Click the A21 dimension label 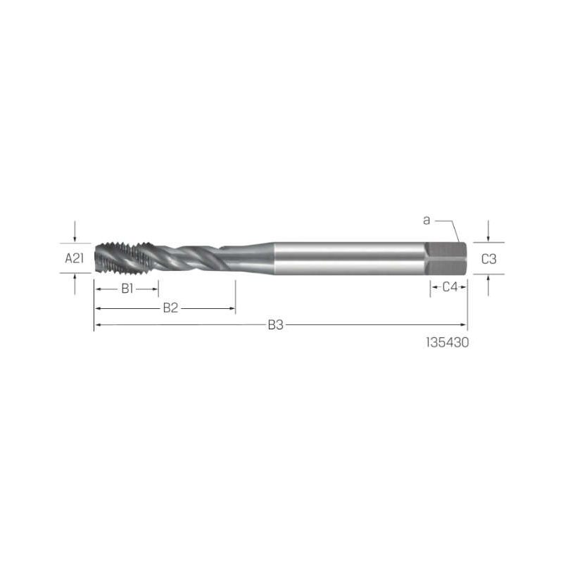(x=75, y=258)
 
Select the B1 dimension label (x=127, y=289)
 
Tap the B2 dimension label (x=170, y=308)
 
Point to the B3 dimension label (x=276, y=325)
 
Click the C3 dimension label (x=488, y=259)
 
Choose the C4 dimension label (x=450, y=287)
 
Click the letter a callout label (x=426, y=220)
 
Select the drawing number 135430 (x=448, y=343)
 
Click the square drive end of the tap (x=446, y=258)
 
